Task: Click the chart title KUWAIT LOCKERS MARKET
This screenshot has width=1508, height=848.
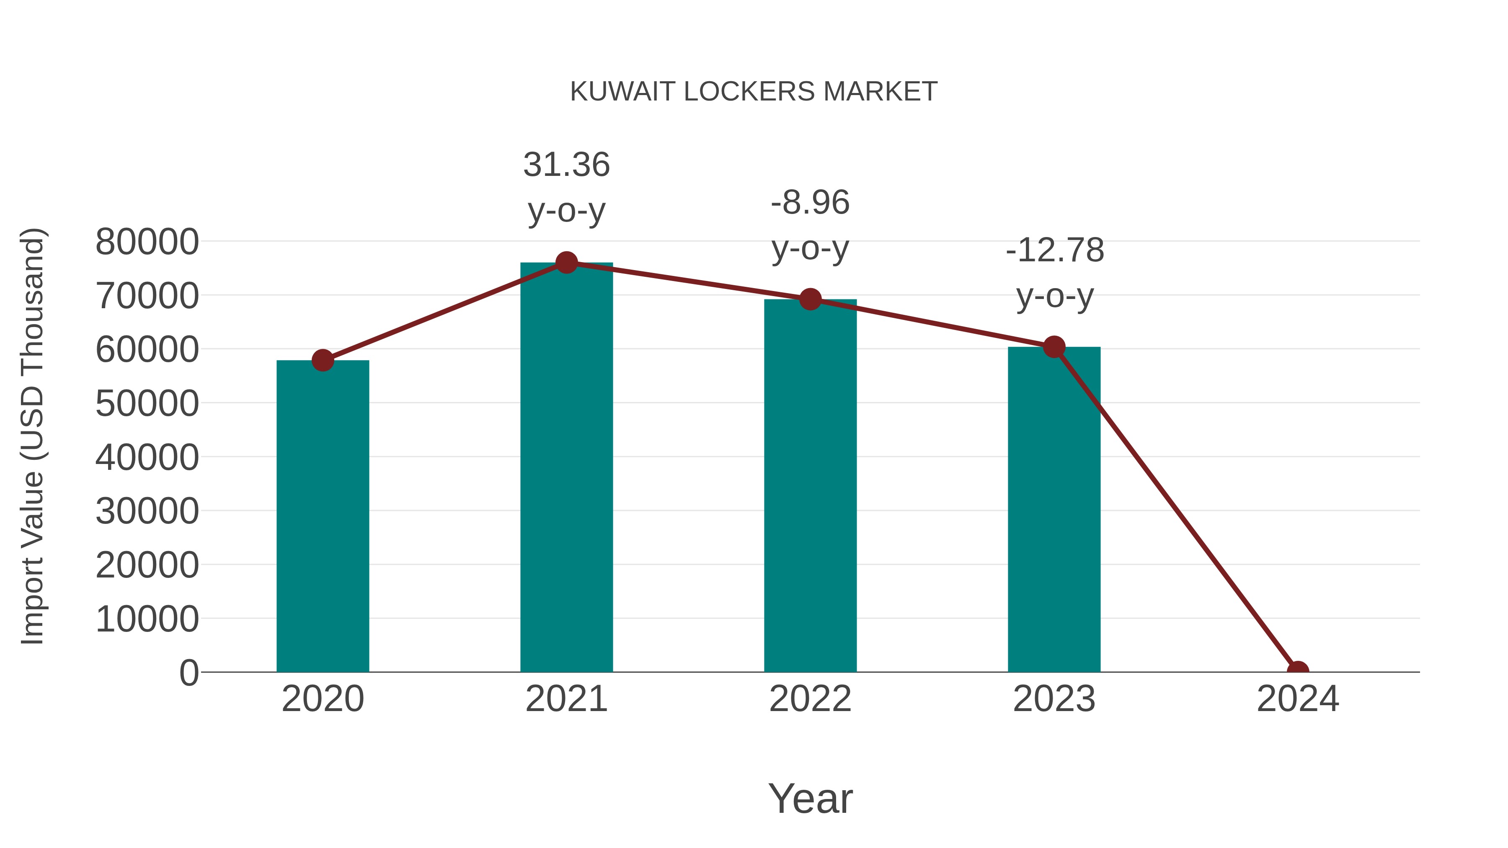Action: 754,92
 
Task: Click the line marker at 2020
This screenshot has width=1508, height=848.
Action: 323,361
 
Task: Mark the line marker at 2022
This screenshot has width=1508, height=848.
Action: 810,300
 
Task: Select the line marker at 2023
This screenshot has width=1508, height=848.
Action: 1054,347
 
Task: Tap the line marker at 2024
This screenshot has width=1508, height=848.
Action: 1297,671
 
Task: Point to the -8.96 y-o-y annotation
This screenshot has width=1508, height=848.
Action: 810,225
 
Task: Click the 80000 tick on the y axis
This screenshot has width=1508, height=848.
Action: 147,242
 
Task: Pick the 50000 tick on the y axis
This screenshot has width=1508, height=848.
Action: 147,403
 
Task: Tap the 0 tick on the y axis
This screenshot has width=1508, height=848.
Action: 188,673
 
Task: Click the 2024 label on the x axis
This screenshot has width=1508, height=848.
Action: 1297,699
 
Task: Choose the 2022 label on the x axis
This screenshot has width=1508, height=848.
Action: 810,699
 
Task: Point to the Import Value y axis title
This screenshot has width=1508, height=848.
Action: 33,436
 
